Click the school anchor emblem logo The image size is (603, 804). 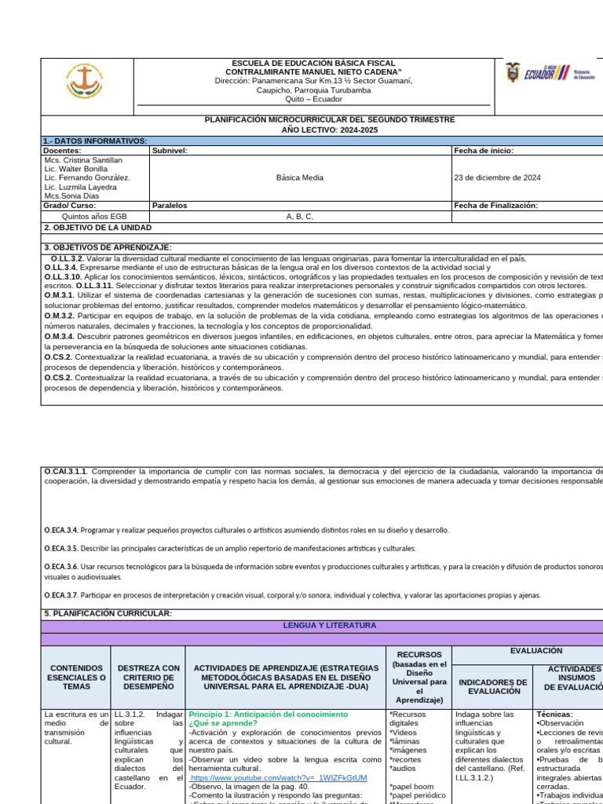coord(85,82)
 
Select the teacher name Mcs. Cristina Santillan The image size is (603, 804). coord(84,159)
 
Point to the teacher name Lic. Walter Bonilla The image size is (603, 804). coord(76,169)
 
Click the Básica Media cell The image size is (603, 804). coord(300,177)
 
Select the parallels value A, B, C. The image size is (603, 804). coord(300,216)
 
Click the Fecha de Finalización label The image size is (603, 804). coord(495,206)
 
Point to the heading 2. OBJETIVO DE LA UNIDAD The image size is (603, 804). coord(98,227)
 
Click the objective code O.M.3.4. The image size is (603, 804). coord(60,336)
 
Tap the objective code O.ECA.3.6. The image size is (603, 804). coord(60,565)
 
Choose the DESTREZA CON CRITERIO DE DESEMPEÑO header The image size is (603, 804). coord(148,677)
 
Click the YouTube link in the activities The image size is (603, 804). coord(279,777)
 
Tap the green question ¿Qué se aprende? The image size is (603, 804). coord(222,723)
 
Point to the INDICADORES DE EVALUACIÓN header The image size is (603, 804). coord(492,686)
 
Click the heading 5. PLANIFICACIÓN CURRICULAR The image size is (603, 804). coord(108,613)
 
